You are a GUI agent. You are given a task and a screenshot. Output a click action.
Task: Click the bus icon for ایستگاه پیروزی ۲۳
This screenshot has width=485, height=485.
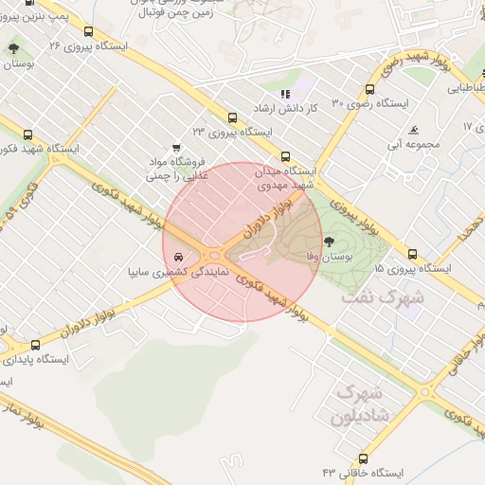(x=232, y=118)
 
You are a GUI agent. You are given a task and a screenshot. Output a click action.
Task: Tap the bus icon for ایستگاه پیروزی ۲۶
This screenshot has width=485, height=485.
(x=89, y=31)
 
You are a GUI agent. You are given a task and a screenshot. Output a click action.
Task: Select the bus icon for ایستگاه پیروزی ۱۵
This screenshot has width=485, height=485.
(x=412, y=254)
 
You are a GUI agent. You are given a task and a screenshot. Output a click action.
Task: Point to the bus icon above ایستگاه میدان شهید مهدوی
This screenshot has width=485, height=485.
(x=284, y=156)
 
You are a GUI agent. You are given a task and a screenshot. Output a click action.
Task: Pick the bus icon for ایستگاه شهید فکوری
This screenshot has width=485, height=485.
(x=27, y=135)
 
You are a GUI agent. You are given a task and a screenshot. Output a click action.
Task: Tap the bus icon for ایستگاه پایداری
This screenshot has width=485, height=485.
(x=36, y=346)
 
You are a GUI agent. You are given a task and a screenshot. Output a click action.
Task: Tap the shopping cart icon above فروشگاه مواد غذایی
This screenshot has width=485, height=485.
(x=176, y=148)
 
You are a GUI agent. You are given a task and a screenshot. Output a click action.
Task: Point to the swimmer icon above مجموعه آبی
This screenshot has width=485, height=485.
(x=413, y=130)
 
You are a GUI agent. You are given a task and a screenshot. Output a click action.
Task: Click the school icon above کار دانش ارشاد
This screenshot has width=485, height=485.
(x=285, y=93)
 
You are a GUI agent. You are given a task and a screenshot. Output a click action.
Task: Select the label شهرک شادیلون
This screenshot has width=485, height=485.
(x=358, y=404)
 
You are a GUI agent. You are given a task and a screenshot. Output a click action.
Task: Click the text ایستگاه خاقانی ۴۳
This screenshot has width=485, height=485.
(x=363, y=472)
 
